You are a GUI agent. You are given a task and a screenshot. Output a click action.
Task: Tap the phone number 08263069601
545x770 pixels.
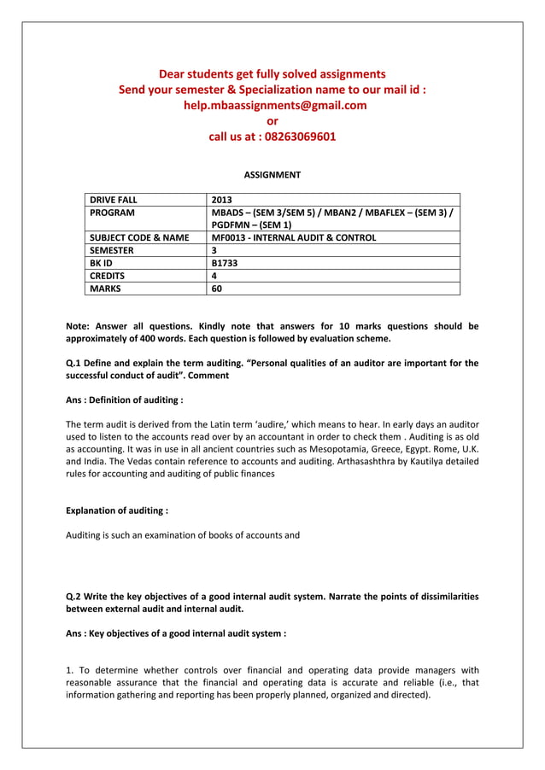click(x=299, y=137)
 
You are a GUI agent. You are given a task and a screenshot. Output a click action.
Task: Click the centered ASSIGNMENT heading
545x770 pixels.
click(x=272, y=175)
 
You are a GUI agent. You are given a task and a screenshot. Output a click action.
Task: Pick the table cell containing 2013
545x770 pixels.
click(x=221, y=200)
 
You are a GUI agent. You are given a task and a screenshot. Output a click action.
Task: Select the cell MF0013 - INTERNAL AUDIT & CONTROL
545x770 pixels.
click(x=293, y=237)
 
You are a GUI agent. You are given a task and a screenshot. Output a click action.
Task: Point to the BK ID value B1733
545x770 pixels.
click(x=225, y=263)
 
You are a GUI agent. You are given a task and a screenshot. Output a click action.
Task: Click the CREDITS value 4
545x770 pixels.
click(x=214, y=276)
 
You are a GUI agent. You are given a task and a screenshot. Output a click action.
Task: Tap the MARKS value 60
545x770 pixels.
click(x=217, y=289)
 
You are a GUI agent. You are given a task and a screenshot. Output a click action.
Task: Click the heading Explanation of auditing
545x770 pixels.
click(x=117, y=510)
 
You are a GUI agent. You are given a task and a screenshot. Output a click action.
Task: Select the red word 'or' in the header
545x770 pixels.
click(x=272, y=121)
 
